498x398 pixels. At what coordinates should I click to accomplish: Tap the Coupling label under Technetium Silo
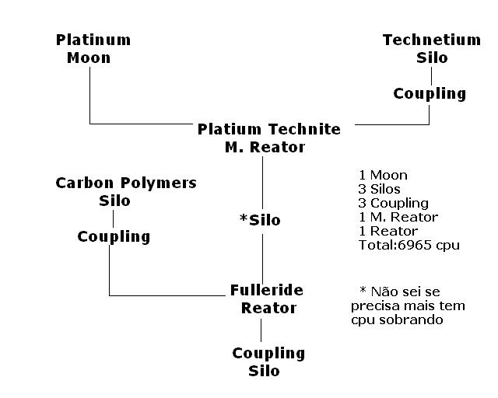[430, 94]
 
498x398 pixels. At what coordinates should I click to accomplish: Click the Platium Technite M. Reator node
[268, 138]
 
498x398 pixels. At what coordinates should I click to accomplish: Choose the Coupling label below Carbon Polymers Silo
[114, 236]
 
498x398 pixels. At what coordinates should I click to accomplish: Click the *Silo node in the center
[260, 220]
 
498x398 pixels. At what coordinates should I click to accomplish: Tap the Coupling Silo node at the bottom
[268, 361]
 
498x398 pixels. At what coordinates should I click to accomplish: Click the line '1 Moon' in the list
[384, 175]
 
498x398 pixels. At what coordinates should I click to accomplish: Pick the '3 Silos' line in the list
[380, 189]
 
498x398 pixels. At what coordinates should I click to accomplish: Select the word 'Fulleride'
[267, 290]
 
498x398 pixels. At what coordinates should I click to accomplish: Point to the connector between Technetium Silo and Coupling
[430, 75]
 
